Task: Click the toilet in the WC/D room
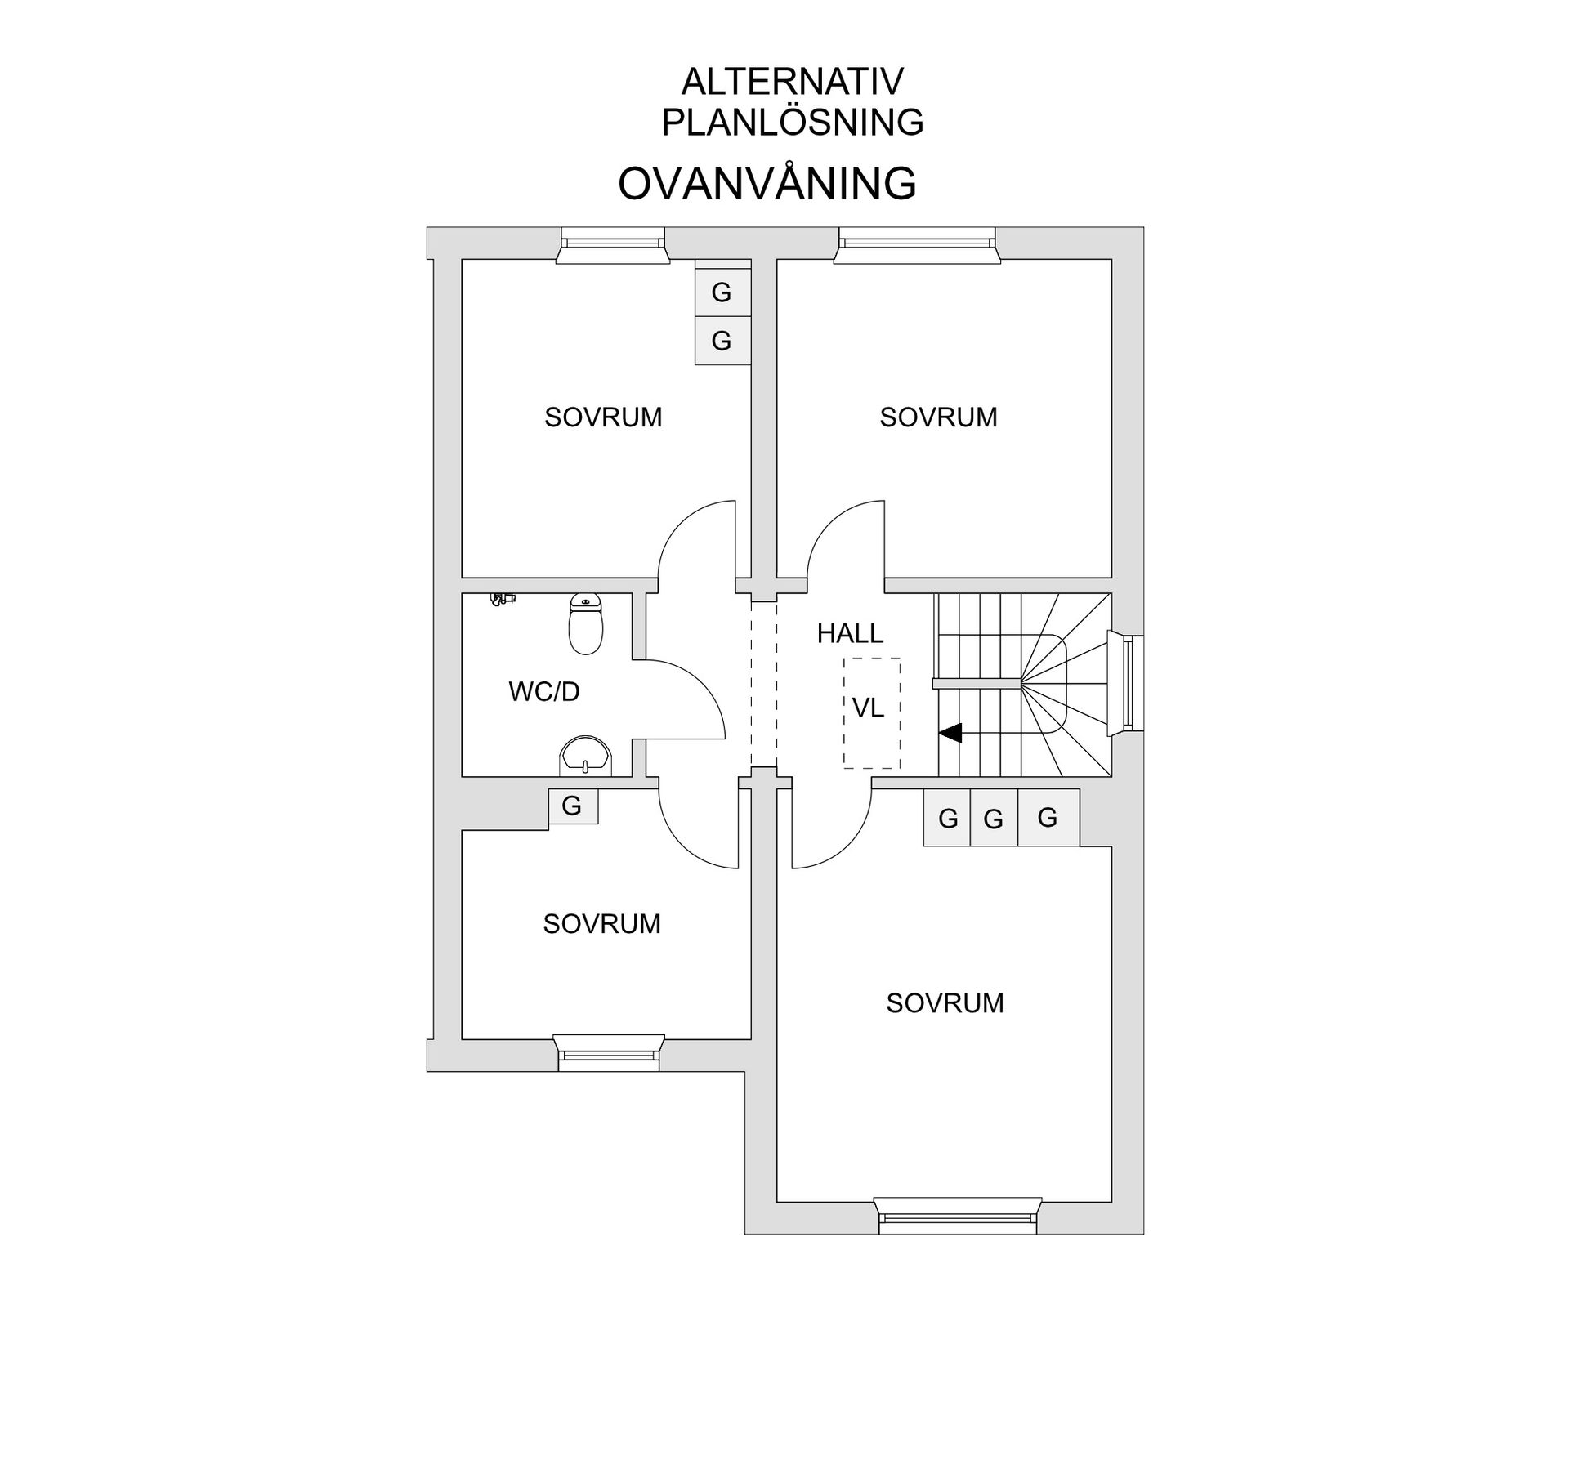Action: coord(585,624)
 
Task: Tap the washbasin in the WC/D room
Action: coord(585,756)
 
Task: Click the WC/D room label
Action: coord(544,692)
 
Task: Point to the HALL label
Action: coord(850,633)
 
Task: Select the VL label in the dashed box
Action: coord(868,708)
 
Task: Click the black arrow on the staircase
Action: coord(950,734)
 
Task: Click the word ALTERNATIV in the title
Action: coord(793,82)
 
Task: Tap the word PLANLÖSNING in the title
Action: coord(793,123)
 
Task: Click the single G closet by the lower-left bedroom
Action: coord(572,806)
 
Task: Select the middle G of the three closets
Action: coord(994,818)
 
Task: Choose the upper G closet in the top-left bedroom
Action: coord(722,292)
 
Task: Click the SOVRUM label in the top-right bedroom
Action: coord(938,417)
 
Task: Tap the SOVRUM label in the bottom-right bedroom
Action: coord(945,1003)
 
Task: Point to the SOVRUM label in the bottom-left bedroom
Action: coord(601,924)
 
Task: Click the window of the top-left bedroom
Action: coord(613,244)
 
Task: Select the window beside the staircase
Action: coord(1125,684)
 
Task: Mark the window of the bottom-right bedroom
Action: coord(958,1215)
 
